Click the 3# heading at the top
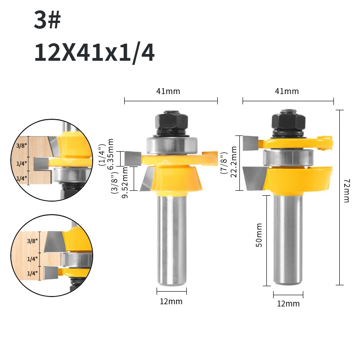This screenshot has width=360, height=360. [47, 20]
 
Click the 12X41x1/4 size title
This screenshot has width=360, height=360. [94, 53]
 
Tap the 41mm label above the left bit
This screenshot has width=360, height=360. [168, 91]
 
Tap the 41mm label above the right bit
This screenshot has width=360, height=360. [287, 91]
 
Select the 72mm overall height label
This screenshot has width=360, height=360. [346, 190]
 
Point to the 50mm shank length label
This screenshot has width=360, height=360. [259, 235]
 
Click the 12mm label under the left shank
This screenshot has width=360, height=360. [171, 301]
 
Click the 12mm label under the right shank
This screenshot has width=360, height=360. [288, 303]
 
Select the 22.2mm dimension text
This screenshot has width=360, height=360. [234, 162]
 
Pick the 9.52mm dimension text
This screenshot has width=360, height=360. [125, 183]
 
